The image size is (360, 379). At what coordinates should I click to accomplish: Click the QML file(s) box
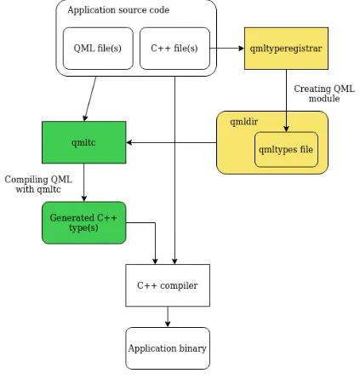pyautogui.click(x=98, y=49)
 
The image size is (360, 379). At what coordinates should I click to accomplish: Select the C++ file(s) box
pyautogui.click(x=174, y=49)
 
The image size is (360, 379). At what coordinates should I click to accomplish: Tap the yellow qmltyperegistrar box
pyautogui.click(x=286, y=49)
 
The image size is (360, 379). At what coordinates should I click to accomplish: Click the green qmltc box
pyautogui.click(x=84, y=142)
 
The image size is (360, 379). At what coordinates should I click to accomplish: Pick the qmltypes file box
pyautogui.click(x=286, y=150)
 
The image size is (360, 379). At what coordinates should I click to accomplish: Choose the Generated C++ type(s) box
pyautogui.click(x=84, y=223)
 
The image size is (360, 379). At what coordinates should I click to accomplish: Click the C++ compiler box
pyautogui.click(x=168, y=285)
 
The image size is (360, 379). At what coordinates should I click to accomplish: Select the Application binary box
pyautogui.click(x=168, y=348)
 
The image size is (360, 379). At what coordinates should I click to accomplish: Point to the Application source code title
pyautogui.click(x=118, y=10)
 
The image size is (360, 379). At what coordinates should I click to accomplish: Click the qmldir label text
pyautogui.click(x=244, y=122)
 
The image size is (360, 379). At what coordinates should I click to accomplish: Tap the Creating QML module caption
pyautogui.click(x=324, y=94)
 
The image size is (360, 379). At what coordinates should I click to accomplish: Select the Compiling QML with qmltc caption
pyautogui.click(x=38, y=184)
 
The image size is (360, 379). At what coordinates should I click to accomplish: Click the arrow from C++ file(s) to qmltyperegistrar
pyautogui.click(x=227, y=49)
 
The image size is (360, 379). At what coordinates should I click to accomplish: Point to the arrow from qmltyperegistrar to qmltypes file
pyautogui.click(x=286, y=100)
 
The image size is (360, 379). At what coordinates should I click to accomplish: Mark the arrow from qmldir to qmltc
pyautogui.click(x=171, y=142)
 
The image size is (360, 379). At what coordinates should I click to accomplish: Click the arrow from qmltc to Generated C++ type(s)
pyautogui.click(x=84, y=182)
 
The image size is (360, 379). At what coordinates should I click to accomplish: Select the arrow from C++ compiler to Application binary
pyautogui.click(x=168, y=317)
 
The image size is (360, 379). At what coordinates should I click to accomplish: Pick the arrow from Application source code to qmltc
pyautogui.click(x=90, y=99)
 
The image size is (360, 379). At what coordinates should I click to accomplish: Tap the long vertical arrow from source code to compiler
pyautogui.click(x=174, y=170)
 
